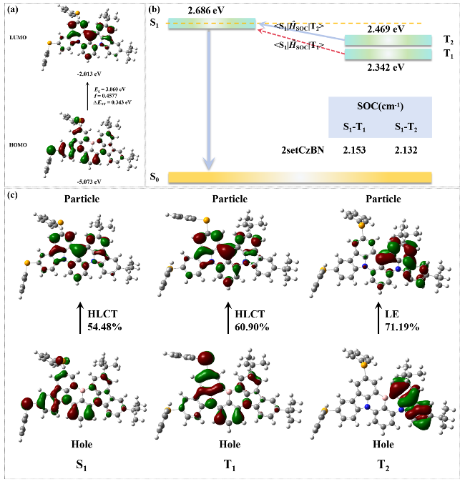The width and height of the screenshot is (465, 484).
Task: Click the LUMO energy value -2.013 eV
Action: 87,72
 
